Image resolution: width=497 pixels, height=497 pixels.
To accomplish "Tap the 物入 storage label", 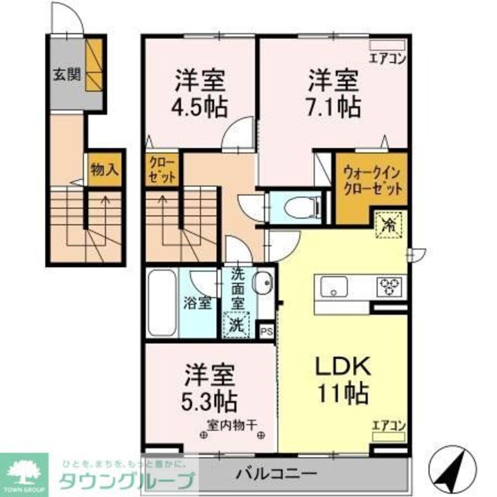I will point(104,170).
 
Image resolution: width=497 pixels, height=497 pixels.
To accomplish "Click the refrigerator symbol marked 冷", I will point(391,225).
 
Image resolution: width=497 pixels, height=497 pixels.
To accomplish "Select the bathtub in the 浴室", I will point(162,303).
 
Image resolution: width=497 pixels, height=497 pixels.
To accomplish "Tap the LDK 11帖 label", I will point(343,380).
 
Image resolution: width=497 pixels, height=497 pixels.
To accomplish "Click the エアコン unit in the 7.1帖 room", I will point(387,45).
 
